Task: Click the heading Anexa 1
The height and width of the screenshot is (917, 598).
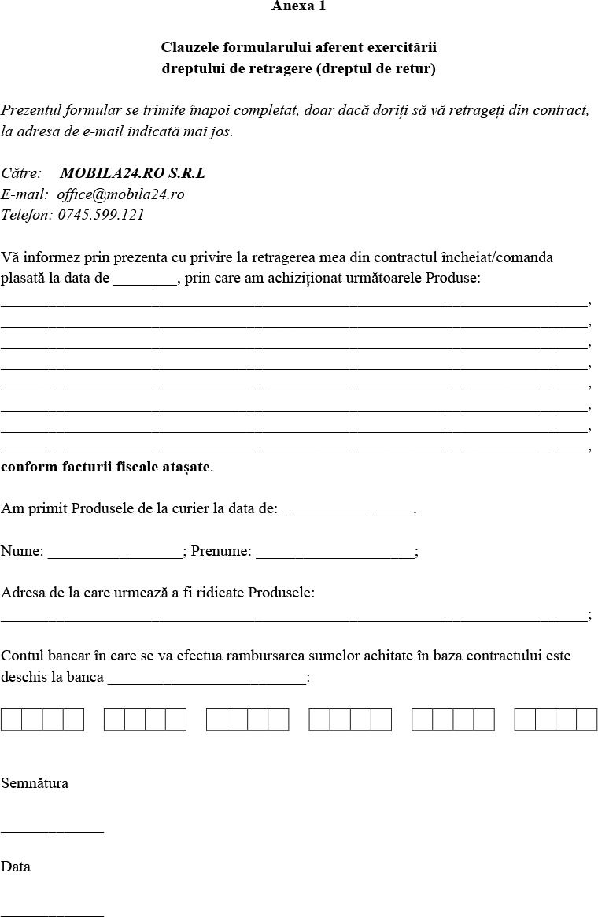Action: (298, 6)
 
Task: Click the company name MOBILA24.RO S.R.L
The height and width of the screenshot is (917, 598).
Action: (132, 173)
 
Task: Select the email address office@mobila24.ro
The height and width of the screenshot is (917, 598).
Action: (120, 194)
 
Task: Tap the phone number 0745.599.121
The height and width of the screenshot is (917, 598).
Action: (101, 214)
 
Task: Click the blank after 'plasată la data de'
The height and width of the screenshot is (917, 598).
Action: (146, 279)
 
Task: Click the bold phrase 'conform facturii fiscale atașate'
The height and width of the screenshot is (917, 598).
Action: (106, 467)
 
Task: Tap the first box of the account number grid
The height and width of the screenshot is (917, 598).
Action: (11, 720)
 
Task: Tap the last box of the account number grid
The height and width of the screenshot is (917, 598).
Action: (587, 720)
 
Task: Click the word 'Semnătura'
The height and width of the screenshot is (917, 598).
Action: (35, 783)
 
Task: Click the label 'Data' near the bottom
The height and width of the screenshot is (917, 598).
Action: (16, 867)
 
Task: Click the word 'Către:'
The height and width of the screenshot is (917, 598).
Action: (21, 173)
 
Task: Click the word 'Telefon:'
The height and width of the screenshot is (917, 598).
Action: (27, 214)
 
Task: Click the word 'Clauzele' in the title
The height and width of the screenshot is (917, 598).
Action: (190, 48)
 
